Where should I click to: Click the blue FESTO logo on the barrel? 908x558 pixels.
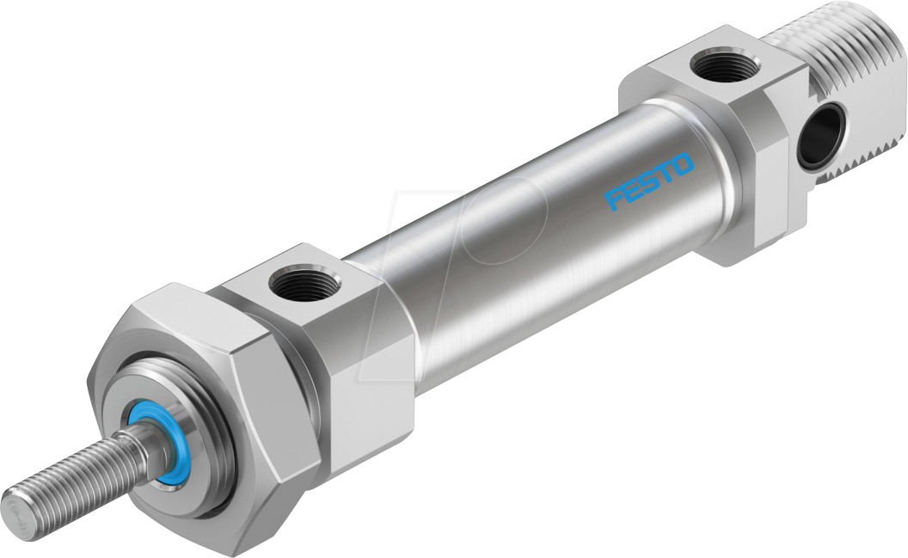[649, 181]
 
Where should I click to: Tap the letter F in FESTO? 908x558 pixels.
[614, 199]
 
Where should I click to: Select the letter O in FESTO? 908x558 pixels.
[683, 163]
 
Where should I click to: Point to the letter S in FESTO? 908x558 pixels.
[649, 181]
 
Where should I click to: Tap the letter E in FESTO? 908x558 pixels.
[632, 190]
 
